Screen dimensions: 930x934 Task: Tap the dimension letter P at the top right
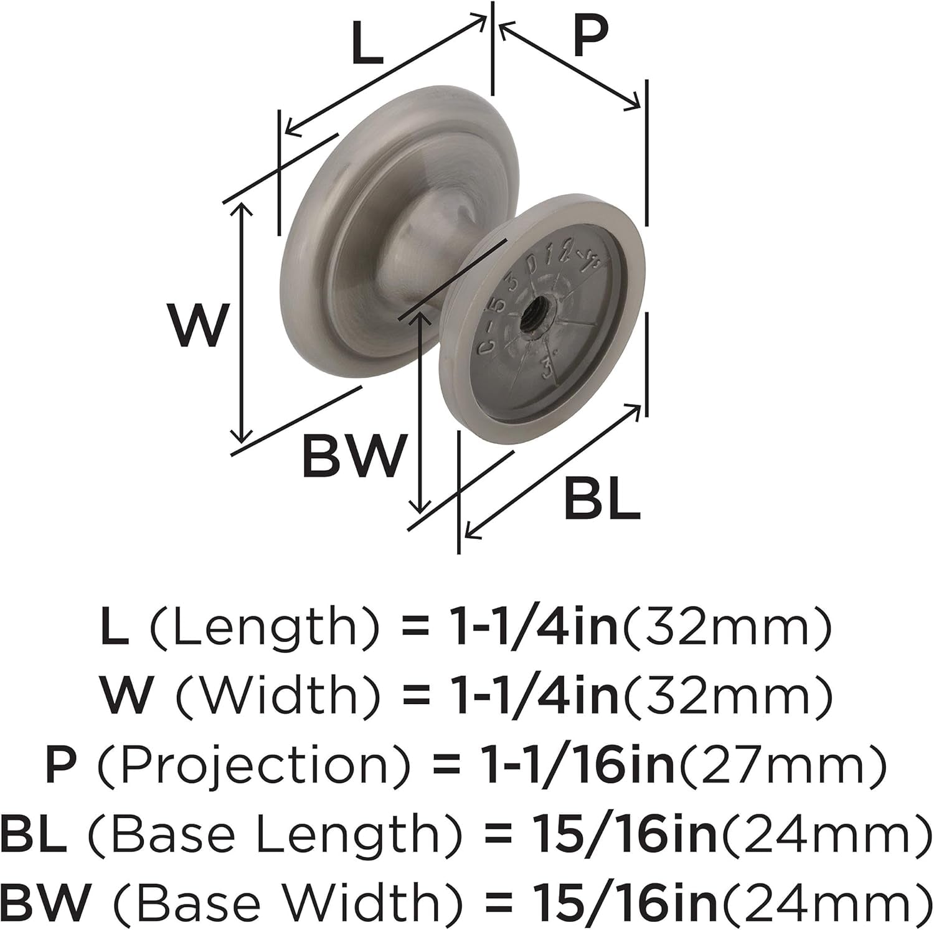pyautogui.click(x=590, y=37)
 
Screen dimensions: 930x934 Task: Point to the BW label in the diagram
pyautogui.click(x=354, y=456)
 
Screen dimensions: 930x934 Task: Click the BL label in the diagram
pyautogui.click(x=602, y=499)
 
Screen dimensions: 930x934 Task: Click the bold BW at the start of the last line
pyautogui.click(x=46, y=901)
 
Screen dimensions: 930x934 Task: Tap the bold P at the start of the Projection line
pyautogui.click(x=60, y=765)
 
